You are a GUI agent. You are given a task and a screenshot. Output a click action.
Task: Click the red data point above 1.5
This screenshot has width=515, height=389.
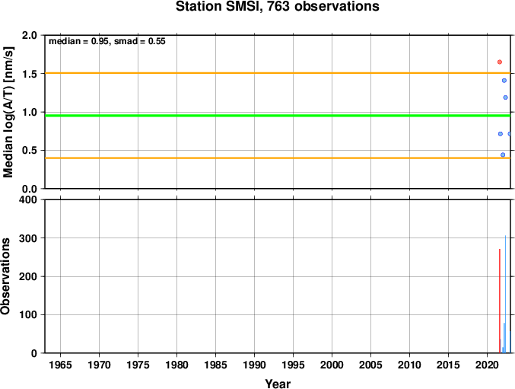(500, 62)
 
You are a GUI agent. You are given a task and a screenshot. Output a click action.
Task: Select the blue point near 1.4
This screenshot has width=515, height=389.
(504, 81)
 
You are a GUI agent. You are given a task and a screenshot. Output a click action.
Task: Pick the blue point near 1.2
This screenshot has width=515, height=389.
(505, 97)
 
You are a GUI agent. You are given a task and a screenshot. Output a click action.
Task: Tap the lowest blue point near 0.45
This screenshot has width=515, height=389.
(503, 155)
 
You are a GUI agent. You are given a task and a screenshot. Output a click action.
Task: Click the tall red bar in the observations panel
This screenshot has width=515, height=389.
(500, 301)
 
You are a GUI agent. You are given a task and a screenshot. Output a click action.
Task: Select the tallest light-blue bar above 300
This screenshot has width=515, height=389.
(505, 295)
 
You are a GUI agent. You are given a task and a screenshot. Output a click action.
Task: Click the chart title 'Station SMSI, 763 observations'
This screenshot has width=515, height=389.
(278, 7)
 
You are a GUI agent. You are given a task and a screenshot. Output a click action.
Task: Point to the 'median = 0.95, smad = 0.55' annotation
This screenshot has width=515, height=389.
(107, 41)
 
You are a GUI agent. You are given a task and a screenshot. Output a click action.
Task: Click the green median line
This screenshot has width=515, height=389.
(278, 116)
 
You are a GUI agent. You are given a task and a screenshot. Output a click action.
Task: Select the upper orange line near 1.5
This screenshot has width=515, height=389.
(278, 73)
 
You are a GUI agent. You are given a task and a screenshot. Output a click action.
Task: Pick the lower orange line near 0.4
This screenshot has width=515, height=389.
(278, 158)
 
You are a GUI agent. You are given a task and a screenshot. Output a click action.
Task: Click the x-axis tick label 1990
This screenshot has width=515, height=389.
(254, 365)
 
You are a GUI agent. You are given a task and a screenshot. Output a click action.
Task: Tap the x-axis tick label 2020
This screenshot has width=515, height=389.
(487, 365)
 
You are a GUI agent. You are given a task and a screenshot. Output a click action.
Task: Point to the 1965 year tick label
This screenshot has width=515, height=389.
(60, 365)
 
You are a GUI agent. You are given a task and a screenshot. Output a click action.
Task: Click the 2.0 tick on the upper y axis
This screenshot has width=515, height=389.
(30, 35)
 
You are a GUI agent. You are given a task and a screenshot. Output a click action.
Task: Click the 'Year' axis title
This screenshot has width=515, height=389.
(278, 384)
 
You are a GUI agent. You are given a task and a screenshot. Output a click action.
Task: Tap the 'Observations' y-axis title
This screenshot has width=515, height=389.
(5, 276)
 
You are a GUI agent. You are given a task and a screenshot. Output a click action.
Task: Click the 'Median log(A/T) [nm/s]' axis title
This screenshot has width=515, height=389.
(8, 112)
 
